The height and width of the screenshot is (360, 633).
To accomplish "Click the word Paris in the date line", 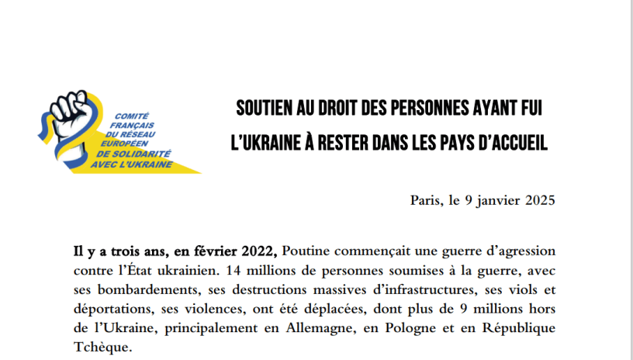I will [426, 201].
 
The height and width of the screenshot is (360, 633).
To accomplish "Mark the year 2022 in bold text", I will [256, 252].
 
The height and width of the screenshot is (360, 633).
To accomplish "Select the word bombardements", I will [130, 289].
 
